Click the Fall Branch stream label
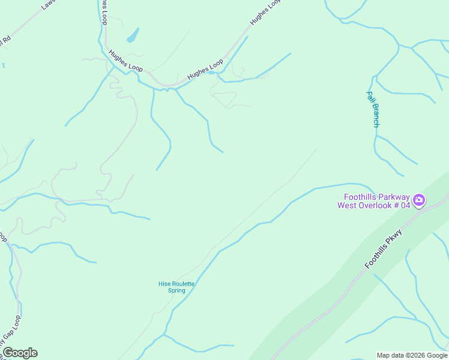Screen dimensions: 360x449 point(373,109)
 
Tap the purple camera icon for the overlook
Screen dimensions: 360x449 point(419,200)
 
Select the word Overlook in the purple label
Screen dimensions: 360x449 point(374,205)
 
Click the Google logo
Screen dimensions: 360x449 point(20,353)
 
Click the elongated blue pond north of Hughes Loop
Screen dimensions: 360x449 point(133,35)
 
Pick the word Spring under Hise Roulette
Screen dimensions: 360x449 point(176,290)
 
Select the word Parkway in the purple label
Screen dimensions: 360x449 point(394,197)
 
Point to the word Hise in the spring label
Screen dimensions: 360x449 point(164,283)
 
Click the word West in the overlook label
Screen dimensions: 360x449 point(348,205)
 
